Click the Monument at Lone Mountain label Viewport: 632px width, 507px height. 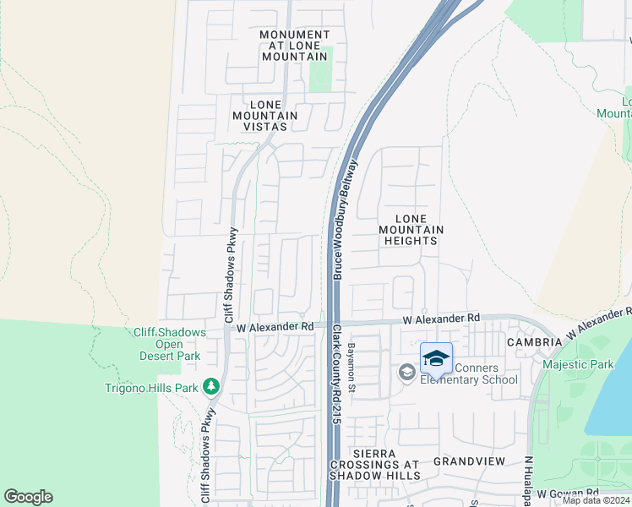coord(294,46)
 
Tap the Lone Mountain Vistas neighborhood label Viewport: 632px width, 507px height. coord(264,115)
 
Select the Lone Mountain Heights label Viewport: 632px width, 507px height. coord(411,230)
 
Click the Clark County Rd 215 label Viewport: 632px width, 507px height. coord(335,372)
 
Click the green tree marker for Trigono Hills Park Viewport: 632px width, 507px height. coord(211,387)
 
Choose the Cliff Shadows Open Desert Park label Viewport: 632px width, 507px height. coord(170,344)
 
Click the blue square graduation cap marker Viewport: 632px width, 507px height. coord(436,359)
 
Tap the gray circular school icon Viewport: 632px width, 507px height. coord(407,372)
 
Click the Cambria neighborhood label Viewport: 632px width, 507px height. coord(534,342)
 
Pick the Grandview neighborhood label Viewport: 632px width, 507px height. coord(469,461)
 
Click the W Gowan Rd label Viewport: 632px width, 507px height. coord(568,492)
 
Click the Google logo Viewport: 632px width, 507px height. coord(28,497)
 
